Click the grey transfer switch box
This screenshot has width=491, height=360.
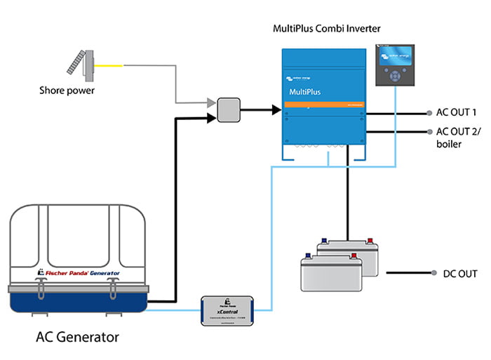point(229,110)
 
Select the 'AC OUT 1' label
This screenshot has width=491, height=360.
point(457,112)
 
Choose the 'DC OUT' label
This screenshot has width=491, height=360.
point(459,273)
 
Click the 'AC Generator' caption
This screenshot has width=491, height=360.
point(77,337)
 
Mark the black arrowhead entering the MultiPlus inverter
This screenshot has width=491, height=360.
point(276,110)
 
